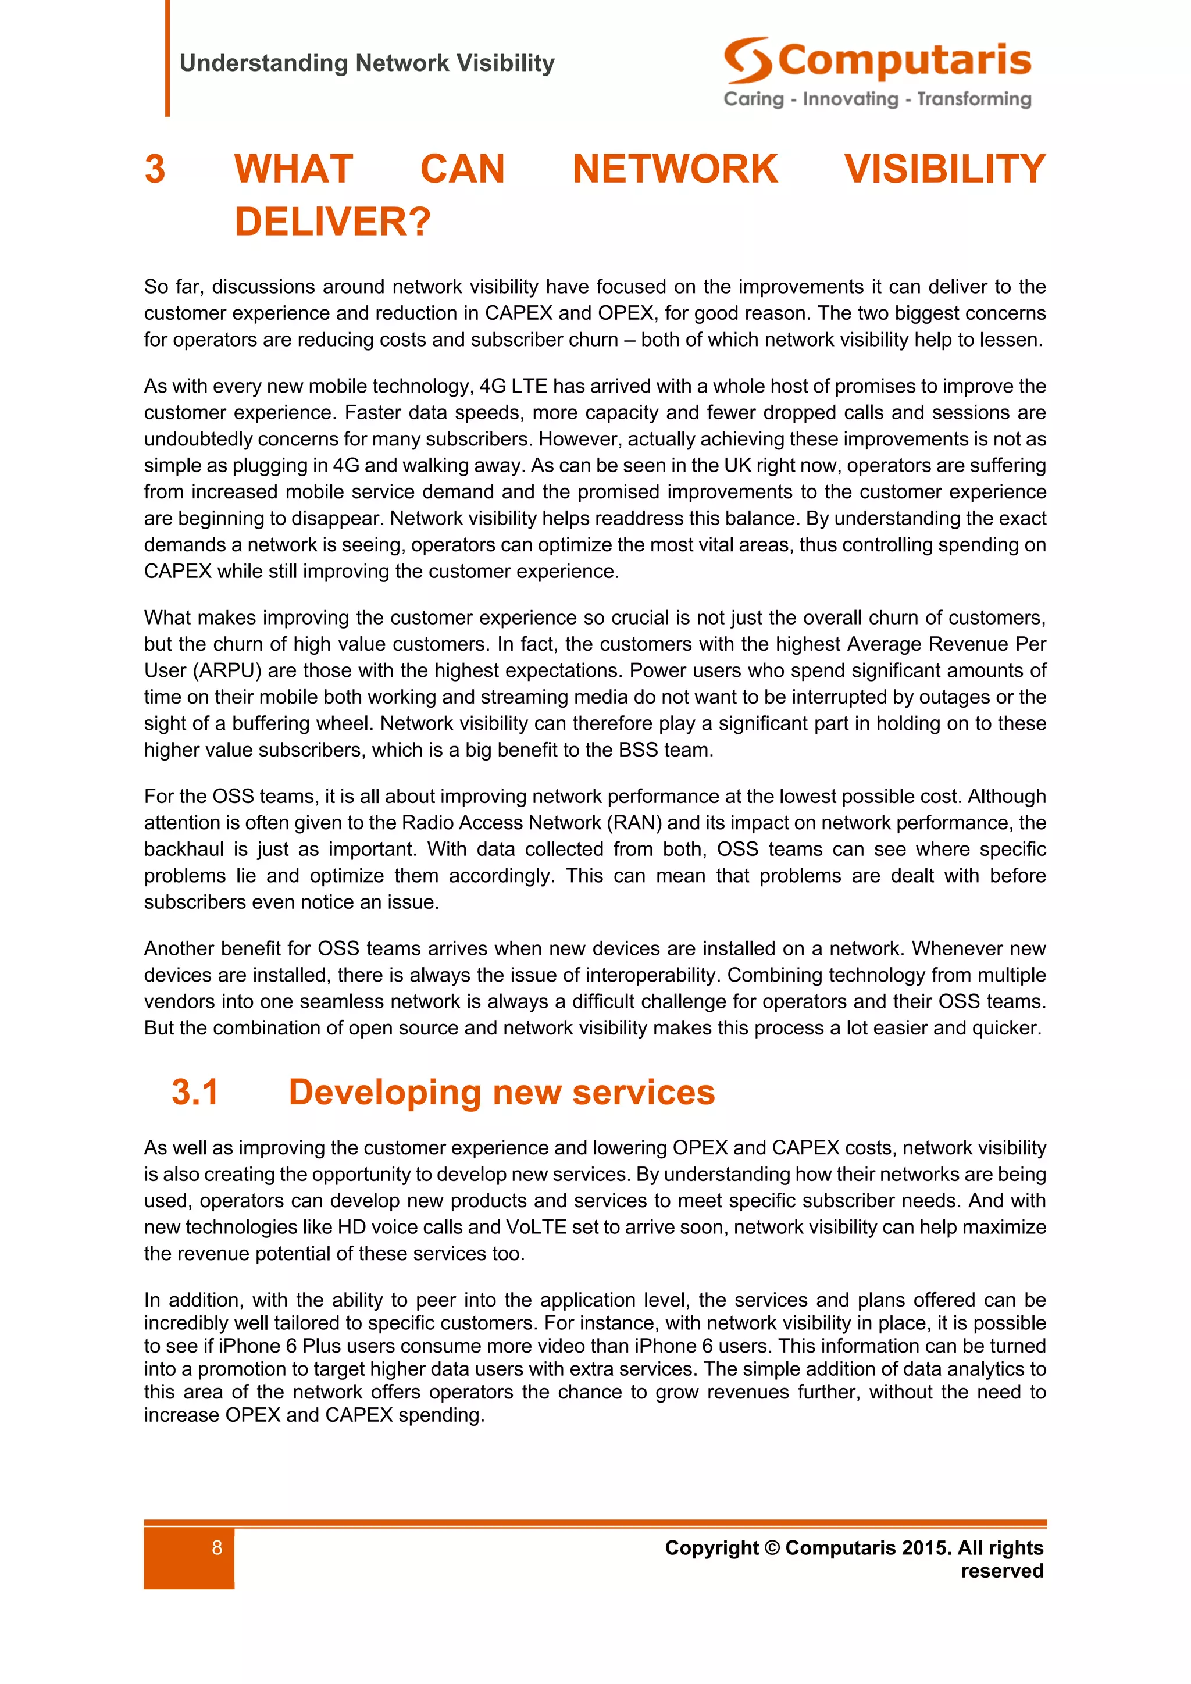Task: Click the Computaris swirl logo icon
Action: (x=747, y=60)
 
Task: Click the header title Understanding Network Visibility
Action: (x=367, y=63)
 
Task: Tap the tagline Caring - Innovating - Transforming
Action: (x=877, y=99)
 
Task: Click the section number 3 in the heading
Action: (x=155, y=169)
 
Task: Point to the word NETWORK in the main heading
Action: (x=675, y=169)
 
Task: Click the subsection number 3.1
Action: (x=195, y=1092)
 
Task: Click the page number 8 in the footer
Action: (x=217, y=1547)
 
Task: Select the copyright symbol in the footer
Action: (x=772, y=1547)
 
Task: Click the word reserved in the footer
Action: (x=1002, y=1571)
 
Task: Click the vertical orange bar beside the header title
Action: (x=167, y=59)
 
